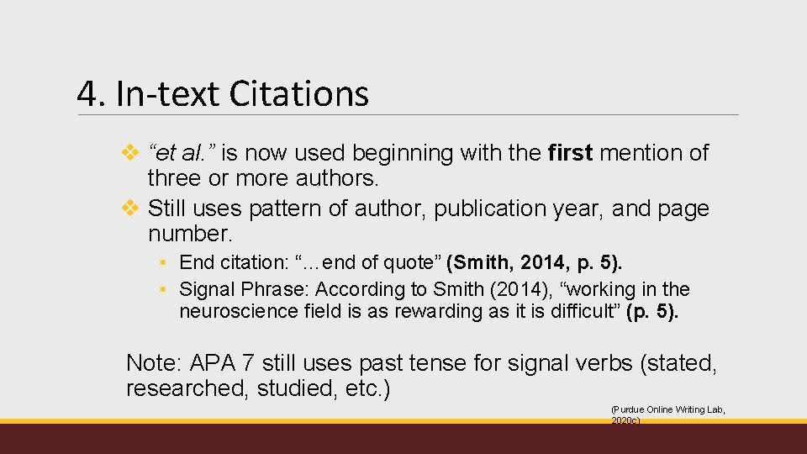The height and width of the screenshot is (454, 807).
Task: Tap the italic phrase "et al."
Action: tap(182, 153)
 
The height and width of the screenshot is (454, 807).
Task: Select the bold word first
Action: tap(570, 153)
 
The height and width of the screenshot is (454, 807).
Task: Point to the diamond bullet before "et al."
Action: tap(130, 153)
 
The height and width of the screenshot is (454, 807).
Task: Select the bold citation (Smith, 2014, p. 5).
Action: tap(535, 262)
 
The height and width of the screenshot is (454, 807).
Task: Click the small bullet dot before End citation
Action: tap(166, 263)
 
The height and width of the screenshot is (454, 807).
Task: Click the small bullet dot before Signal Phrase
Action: tap(166, 290)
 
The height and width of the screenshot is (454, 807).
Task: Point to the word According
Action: tap(359, 289)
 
